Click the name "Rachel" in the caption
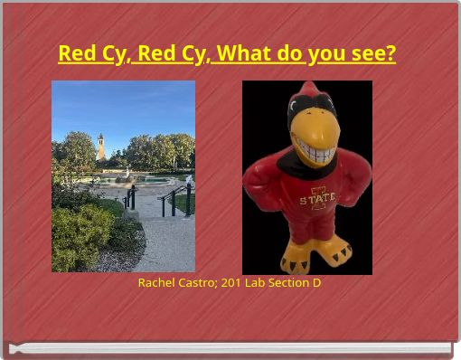click(156, 283)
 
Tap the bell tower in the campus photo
click(100, 147)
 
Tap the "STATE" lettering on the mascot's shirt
click(317, 198)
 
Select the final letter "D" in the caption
click(316, 283)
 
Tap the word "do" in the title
click(290, 54)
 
